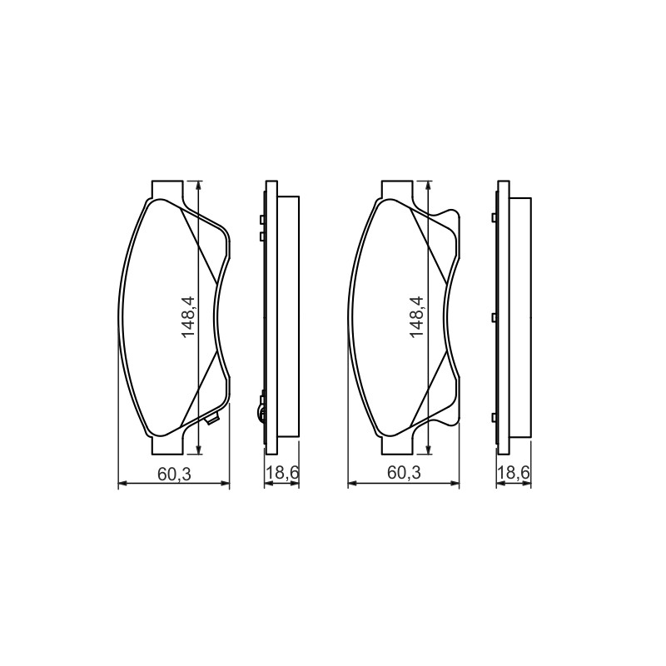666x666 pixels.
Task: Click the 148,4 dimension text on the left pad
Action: pos(187,317)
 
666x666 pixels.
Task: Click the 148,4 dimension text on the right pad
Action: pos(417,317)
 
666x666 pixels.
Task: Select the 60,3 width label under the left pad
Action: pos(174,474)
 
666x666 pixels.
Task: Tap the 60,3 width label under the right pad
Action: pos(404,473)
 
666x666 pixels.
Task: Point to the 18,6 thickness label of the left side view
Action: pos(282,473)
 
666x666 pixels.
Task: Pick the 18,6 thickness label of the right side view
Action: pos(514,473)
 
